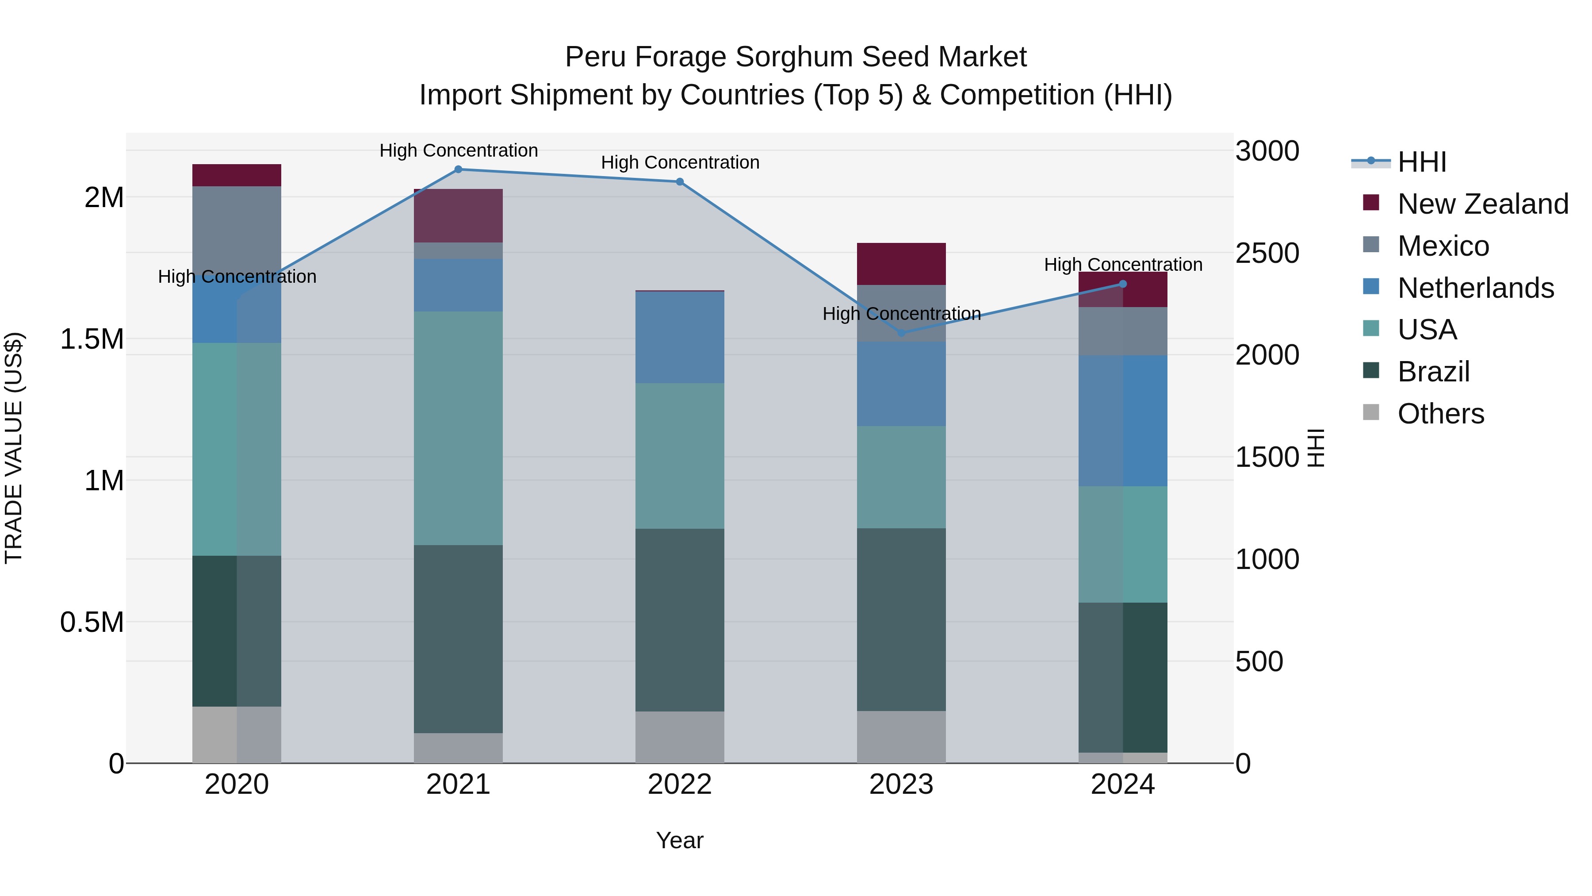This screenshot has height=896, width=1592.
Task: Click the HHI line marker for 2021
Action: pos(458,169)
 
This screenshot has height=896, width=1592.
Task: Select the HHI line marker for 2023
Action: pos(901,333)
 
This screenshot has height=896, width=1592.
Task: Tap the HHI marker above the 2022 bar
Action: pos(680,182)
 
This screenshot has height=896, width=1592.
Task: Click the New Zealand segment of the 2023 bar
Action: pos(901,264)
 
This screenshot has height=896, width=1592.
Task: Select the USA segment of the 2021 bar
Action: pos(458,428)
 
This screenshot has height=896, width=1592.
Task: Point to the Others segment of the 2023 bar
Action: pos(901,737)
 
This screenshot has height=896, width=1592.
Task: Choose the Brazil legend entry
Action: pos(1433,372)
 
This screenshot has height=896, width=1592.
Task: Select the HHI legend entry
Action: pos(1421,162)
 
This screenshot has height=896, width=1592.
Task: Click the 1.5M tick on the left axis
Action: pos(92,339)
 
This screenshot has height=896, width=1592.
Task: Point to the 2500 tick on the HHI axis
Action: pos(1267,254)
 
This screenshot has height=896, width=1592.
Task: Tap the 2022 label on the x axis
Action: pos(680,784)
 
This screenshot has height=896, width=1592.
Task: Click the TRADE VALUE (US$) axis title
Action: pos(14,448)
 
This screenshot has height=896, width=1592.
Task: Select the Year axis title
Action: pos(680,840)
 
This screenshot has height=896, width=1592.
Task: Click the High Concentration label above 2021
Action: pos(459,150)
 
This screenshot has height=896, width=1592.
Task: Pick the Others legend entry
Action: pos(1441,414)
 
